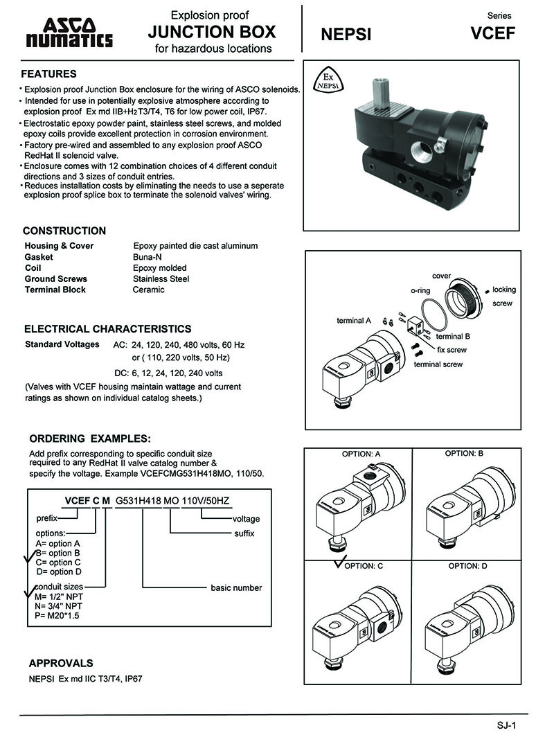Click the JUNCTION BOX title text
pyautogui.click(x=212, y=31)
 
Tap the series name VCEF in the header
pyautogui.click(x=492, y=33)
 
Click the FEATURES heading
pyautogui.click(x=48, y=74)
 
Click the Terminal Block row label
pyautogui.click(x=55, y=290)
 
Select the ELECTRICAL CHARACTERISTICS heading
pyautogui.click(x=107, y=329)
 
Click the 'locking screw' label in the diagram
pyautogui.click(x=503, y=296)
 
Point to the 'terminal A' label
pyautogui.click(x=354, y=321)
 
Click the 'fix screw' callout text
pyautogui.click(x=452, y=350)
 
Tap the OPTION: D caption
pyautogui.click(x=467, y=566)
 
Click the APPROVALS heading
pyautogui.click(x=61, y=663)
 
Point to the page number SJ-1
pyautogui.click(x=507, y=725)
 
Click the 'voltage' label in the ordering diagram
pyautogui.click(x=246, y=519)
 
